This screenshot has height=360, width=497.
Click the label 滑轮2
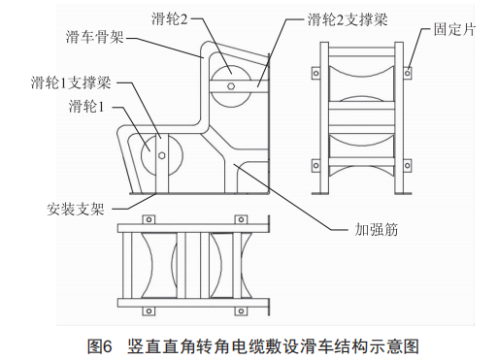pos(170,19)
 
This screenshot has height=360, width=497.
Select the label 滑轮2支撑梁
pos(348,19)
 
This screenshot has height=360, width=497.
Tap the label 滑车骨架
pos(95,37)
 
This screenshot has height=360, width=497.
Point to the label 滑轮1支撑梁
pos(71,82)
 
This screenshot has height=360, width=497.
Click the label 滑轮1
pos(86,106)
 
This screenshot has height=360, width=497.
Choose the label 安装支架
pos(76,209)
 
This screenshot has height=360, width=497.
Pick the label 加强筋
pos(376,229)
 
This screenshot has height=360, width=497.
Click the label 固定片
pos(454,29)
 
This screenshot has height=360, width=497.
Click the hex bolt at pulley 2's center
pos(231,85)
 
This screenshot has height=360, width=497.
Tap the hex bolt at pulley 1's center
pos(161,155)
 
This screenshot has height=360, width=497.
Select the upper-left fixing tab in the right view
pos(315,73)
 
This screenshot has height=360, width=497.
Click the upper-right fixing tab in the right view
pos(408,73)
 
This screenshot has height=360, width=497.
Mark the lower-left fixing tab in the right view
pos(315,165)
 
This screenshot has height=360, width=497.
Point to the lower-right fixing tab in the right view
pos(408,165)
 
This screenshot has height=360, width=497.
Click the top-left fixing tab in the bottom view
pos(149,219)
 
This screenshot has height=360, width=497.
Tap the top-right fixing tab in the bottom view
pos(241,219)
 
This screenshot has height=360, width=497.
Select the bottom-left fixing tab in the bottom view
pos(149,311)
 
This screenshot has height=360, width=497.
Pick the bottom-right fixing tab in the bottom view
pos(241,311)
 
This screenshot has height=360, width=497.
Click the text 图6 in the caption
pos(99,346)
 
